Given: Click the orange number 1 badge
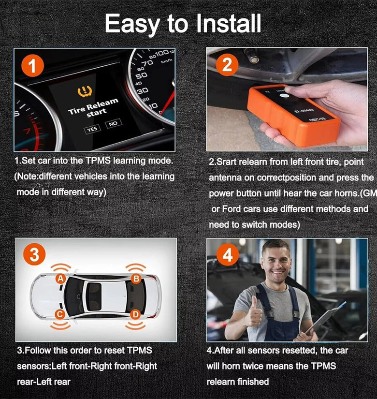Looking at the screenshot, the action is coord(32,66).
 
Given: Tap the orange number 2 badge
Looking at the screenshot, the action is coord(227,65).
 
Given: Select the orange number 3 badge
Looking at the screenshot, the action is coord(34,255).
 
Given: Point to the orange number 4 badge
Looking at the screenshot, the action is coord(228,255).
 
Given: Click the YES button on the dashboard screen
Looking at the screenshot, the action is coord(92,129).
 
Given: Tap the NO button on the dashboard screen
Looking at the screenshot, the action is coord(113,124).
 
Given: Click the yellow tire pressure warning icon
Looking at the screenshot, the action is coord(85,92).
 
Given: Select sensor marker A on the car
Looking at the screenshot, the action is coord(60,279).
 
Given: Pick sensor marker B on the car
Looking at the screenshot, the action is coord(136,279).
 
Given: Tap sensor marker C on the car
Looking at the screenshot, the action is coord(60,314).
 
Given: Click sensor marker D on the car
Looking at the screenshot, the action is coord(135,315).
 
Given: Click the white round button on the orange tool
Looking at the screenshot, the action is coord(284,96).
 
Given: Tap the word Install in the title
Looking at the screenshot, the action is coord(229,23).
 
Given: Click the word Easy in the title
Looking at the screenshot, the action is coord(133,25).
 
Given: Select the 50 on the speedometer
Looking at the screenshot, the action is coord(142,75).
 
